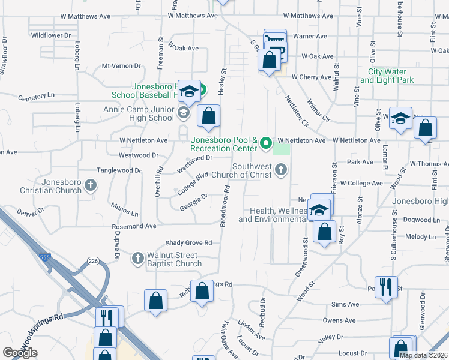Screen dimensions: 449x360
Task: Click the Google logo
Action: tap(20, 353)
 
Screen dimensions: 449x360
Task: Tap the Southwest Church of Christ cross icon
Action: tap(280, 171)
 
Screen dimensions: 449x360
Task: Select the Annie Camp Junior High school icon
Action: tap(184, 112)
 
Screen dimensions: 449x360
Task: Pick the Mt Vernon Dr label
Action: tap(121, 66)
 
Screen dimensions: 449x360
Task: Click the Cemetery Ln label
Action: tap(36, 96)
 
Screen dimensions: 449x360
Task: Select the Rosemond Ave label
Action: tap(134, 226)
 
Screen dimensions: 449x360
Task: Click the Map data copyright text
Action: tap(423, 355)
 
